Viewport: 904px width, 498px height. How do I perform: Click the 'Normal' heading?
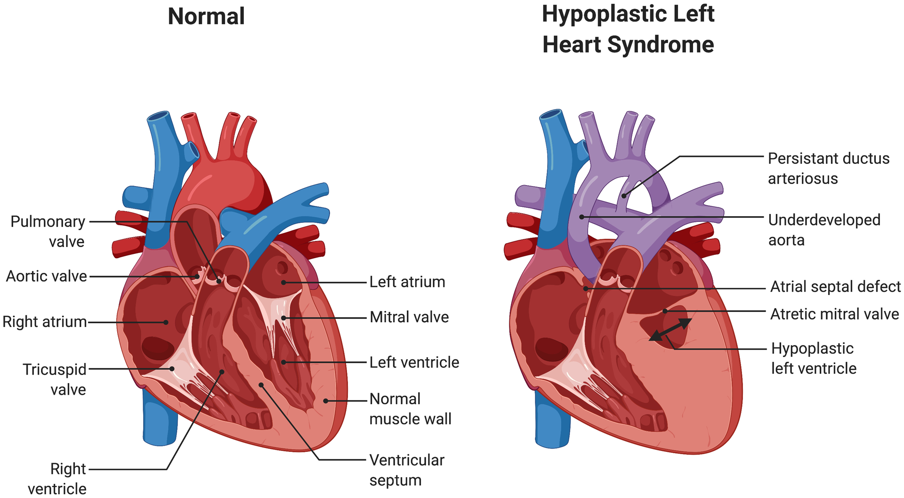pyautogui.click(x=206, y=16)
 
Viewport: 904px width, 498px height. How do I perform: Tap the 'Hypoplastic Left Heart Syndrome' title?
pyautogui.click(x=628, y=29)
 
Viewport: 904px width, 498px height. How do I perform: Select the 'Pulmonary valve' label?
pyautogui.click(x=48, y=231)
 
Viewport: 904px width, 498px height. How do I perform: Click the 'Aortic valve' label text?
pyautogui.click(x=46, y=276)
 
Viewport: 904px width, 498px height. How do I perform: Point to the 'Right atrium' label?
pyautogui.click(x=45, y=322)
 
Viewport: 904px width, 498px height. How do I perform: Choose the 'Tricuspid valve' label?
pyautogui.click(x=55, y=379)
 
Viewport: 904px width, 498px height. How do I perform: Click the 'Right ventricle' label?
pyautogui.click(x=57, y=479)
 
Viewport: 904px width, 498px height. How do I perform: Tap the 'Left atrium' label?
pyautogui.click(x=407, y=282)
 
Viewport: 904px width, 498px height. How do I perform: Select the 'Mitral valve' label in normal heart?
pyautogui.click(x=409, y=317)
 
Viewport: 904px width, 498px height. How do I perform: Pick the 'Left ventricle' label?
pyautogui.click(x=414, y=362)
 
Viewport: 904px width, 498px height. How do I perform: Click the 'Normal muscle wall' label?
pyautogui.click(x=411, y=408)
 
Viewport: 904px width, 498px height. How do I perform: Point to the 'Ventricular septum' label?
pyautogui.click(x=407, y=470)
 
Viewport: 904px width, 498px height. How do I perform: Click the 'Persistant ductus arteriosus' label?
pyautogui.click(x=829, y=168)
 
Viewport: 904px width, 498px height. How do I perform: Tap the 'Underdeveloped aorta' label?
pyautogui.click(x=824, y=230)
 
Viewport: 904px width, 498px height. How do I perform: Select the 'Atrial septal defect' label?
pyautogui.click(x=835, y=286)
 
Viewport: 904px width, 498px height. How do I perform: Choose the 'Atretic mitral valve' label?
pyautogui.click(x=835, y=314)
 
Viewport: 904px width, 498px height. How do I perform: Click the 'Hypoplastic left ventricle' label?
pyautogui.click(x=814, y=358)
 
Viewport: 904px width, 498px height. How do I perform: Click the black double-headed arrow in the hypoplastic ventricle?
pyautogui.click(x=670, y=329)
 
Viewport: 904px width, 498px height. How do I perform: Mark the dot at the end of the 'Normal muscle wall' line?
pyautogui.click(x=325, y=401)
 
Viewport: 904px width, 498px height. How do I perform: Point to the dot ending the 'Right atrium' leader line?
pyautogui.click(x=166, y=322)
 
